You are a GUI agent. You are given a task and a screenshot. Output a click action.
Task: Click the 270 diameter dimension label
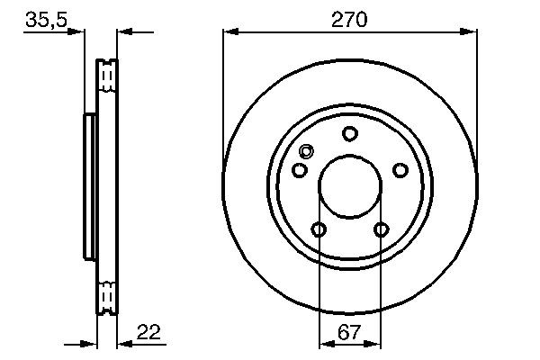(x=349, y=18)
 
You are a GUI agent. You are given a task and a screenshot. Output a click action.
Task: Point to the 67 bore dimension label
(x=349, y=332)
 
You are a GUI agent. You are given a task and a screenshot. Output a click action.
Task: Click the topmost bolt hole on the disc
(x=350, y=134)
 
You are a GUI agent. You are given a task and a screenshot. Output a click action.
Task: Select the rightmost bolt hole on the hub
(x=400, y=171)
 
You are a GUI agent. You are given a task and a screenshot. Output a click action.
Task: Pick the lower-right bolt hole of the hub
(x=381, y=229)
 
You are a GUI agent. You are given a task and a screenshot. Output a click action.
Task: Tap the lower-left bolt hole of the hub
(x=319, y=229)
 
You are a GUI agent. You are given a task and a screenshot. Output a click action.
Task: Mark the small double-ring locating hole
(x=306, y=151)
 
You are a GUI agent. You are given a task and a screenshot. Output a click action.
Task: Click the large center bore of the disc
(x=350, y=187)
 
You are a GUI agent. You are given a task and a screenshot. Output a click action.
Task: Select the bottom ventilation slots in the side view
(x=107, y=296)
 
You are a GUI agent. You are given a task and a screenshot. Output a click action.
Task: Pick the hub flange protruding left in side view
(x=89, y=186)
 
